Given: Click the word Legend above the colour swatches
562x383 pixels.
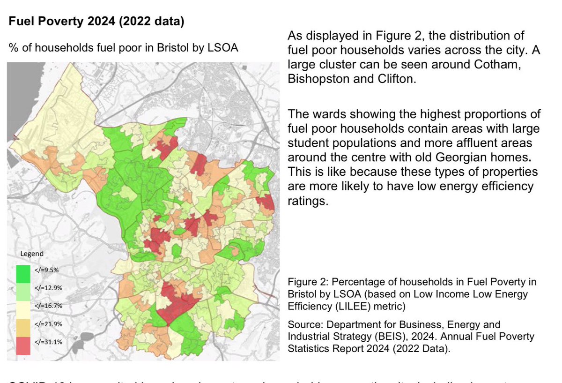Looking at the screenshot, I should click(32, 254).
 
